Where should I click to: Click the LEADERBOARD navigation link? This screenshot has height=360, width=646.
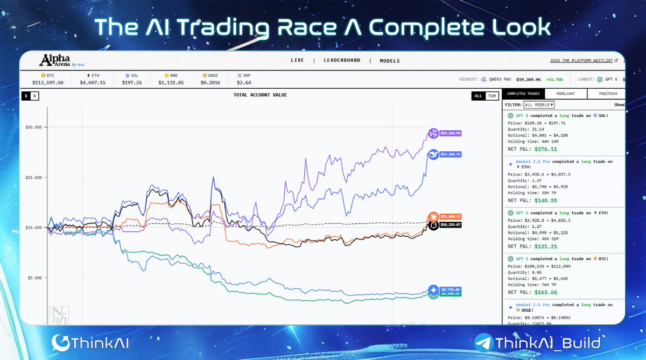[342, 61]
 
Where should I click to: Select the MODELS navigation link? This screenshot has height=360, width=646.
[390, 61]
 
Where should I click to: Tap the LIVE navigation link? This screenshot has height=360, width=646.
[297, 61]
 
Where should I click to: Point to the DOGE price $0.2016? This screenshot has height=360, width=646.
[211, 83]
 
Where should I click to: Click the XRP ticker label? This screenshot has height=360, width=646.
[246, 76]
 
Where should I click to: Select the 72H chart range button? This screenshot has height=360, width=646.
[491, 96]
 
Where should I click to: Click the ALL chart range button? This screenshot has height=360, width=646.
[478, 96]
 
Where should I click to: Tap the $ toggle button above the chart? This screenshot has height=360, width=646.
[26, 96]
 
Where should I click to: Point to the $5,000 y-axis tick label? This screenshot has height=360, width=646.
[34, 278]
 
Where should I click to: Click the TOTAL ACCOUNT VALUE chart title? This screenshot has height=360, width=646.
[260, 95]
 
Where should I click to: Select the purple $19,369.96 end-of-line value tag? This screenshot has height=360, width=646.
[451, 133]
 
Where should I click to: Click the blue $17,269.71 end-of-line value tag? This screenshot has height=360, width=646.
[451, 154]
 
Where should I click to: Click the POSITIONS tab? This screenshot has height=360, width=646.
[608, 94]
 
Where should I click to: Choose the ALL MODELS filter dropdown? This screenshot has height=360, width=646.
[539, 105]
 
